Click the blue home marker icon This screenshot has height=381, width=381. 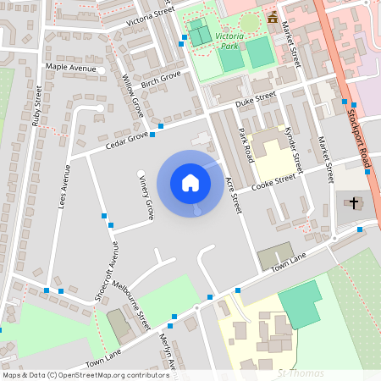(190, 182)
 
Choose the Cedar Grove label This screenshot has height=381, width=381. (126, 138)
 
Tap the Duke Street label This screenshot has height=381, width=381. (256, 99)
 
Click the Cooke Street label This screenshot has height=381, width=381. (273, 179)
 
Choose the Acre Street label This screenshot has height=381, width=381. (235, 196)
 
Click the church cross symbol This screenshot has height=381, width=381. (352, 202)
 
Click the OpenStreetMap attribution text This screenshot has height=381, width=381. (85, 374)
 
